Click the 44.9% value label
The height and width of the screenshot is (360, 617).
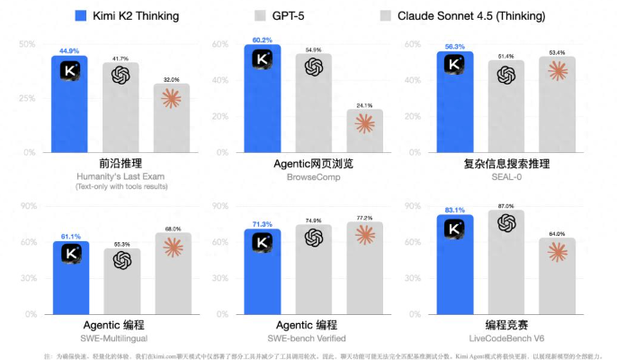(69, 51)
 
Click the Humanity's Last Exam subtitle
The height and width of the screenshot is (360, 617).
(121, 176)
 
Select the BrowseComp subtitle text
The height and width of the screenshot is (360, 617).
(313, 177)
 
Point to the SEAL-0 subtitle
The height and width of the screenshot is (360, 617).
(506, 177)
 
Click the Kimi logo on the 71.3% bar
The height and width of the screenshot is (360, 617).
(262, 242)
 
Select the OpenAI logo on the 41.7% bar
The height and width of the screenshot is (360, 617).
(121, 75)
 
